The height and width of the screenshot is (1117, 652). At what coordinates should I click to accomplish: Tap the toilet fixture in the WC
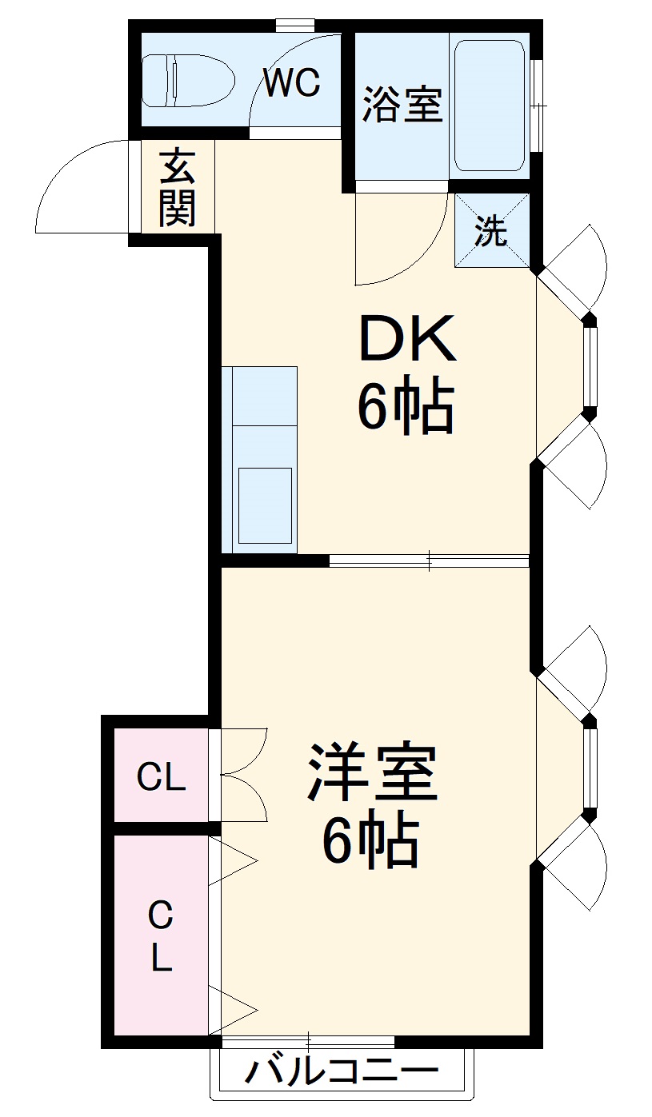tap(188, 81)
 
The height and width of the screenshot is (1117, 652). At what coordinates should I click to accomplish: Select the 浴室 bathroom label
tap(402, 104)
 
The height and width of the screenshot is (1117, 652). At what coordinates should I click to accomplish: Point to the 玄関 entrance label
tap(177, 187)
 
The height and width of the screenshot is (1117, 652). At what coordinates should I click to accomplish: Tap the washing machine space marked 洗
tap(492, 232)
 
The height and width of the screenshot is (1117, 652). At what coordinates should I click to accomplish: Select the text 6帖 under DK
tap(405, 408)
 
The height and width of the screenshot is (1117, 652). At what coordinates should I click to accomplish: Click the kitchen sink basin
tap(265, 505)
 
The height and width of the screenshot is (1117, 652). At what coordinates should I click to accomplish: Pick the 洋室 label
tap(373, 773)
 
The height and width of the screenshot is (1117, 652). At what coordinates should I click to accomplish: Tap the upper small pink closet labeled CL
tap(161, 776)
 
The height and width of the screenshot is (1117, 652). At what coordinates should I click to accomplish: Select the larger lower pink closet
tap(161, 935)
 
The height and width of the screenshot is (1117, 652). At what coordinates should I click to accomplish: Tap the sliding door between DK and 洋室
tap(430, 560)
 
